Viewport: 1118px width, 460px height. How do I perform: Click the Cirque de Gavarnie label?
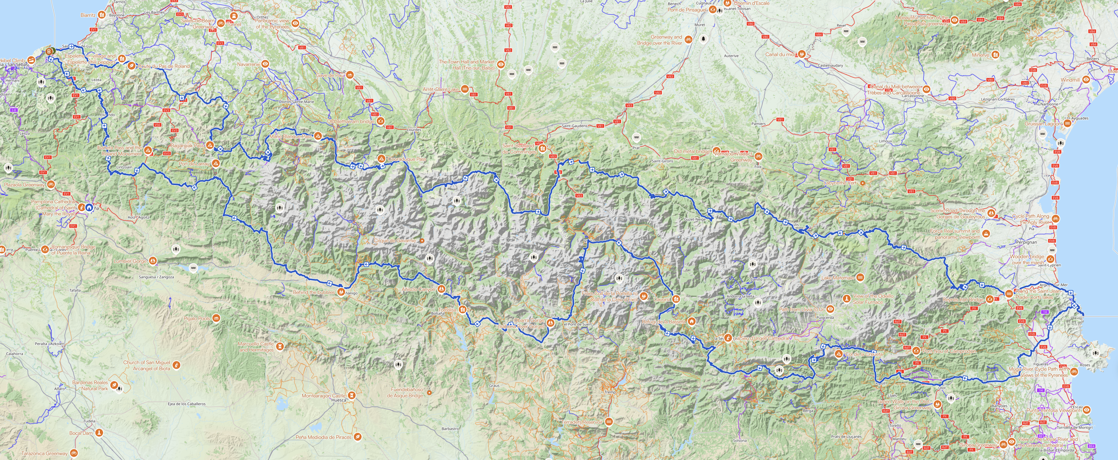394,240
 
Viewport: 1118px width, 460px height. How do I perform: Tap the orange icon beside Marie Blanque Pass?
318,136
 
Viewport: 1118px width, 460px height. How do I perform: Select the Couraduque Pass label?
407,159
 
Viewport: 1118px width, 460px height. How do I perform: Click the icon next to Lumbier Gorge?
153,261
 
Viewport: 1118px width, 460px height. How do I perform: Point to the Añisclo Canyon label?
418,289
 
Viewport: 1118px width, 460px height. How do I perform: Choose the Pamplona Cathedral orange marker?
82,208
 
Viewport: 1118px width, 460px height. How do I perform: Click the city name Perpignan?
1026,242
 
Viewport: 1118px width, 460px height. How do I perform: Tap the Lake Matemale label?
837,278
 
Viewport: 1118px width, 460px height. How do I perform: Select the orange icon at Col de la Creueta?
839,354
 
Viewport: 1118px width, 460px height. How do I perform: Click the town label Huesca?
338,400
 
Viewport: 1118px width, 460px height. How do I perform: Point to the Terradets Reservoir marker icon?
609,422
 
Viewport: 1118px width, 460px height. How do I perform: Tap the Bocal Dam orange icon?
99,433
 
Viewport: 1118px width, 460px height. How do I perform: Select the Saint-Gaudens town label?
574,126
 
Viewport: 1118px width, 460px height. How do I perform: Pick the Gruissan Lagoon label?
1042,124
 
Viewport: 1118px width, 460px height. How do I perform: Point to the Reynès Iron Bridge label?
963,300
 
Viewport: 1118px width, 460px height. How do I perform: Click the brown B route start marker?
49,51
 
